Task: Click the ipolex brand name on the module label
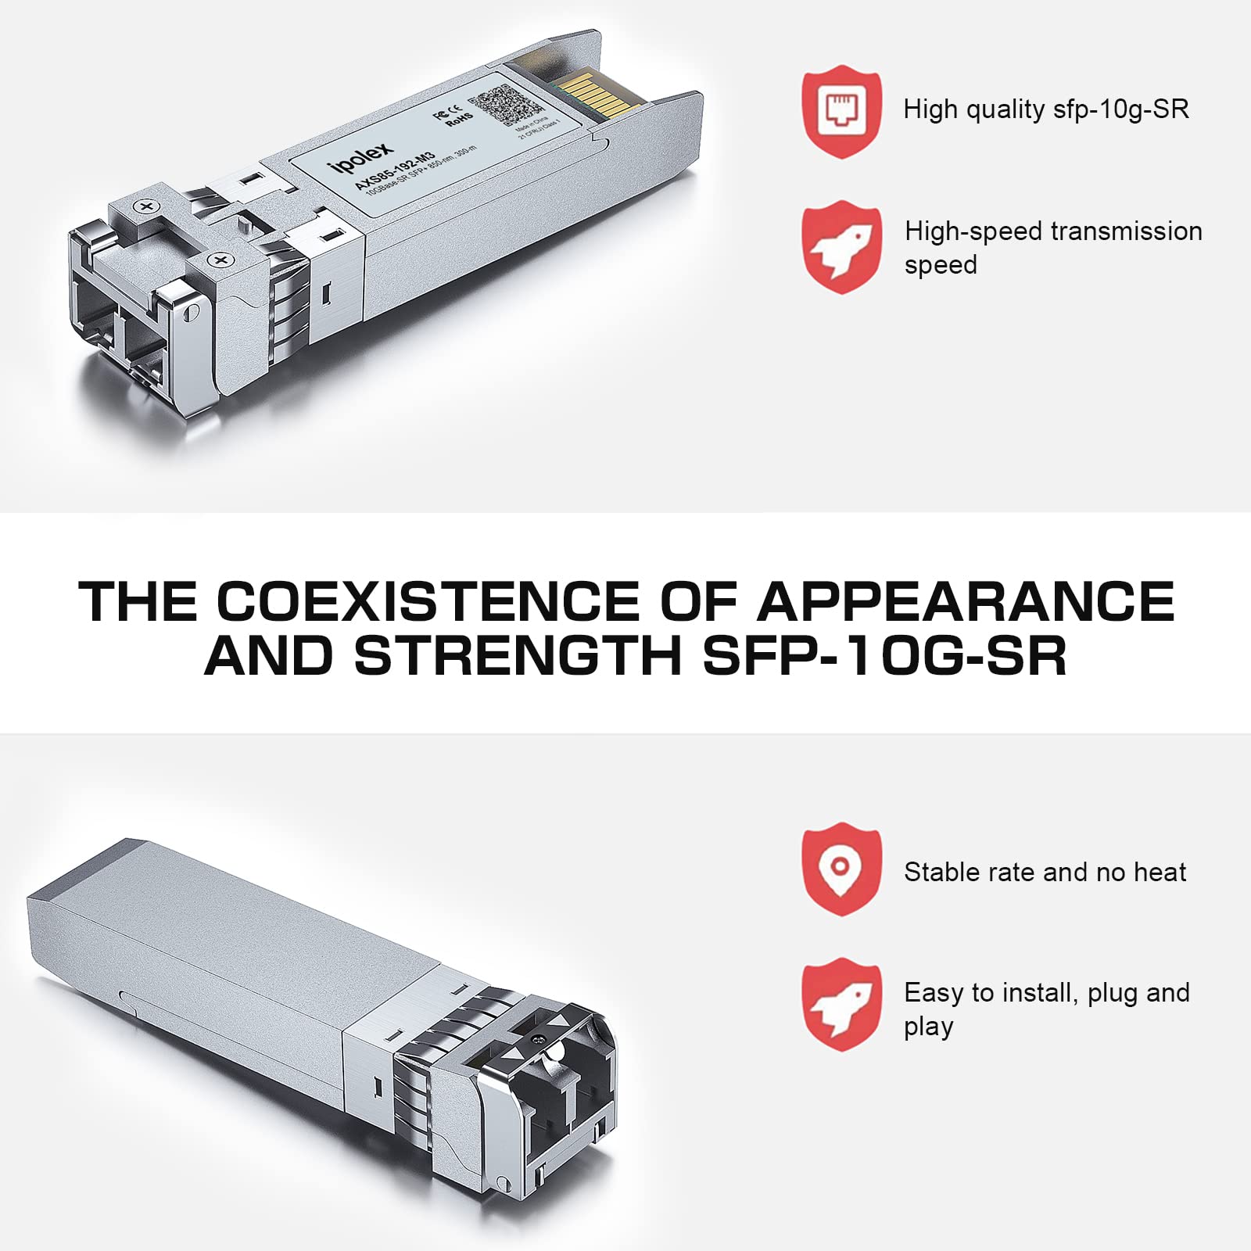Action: click(x=360, y=156)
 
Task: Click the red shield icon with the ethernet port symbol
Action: click(x=841, y=111)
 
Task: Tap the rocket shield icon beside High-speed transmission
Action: click(x=841, y=246)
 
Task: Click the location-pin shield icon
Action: click(x=841, y=868)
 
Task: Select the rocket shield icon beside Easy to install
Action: click(x=841, y=1004)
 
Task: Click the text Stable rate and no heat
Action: click(x=1045, y=872)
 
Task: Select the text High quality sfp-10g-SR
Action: click(x=1045, y=109)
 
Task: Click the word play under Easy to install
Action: click(x=928, y=1027)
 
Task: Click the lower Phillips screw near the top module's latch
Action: click(x=220, y=260)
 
